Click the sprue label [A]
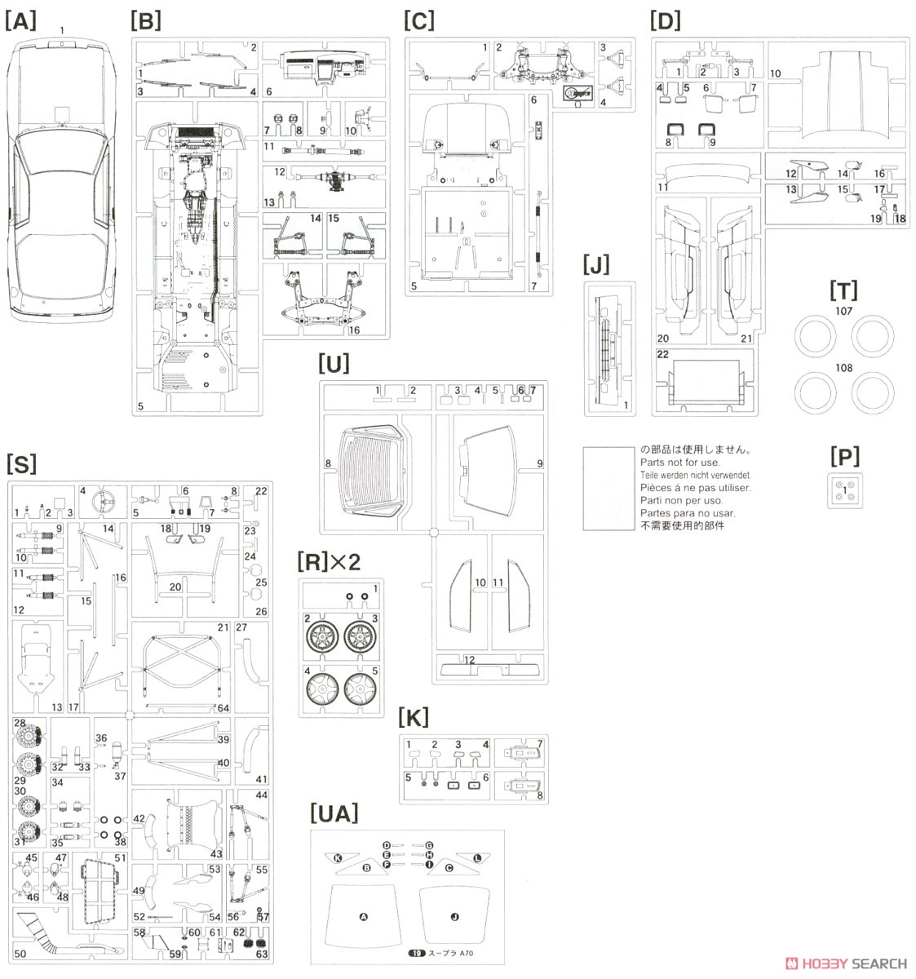20,20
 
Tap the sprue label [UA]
334,813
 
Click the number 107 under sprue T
843,311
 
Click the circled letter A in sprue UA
364,917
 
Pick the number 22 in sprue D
663,353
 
